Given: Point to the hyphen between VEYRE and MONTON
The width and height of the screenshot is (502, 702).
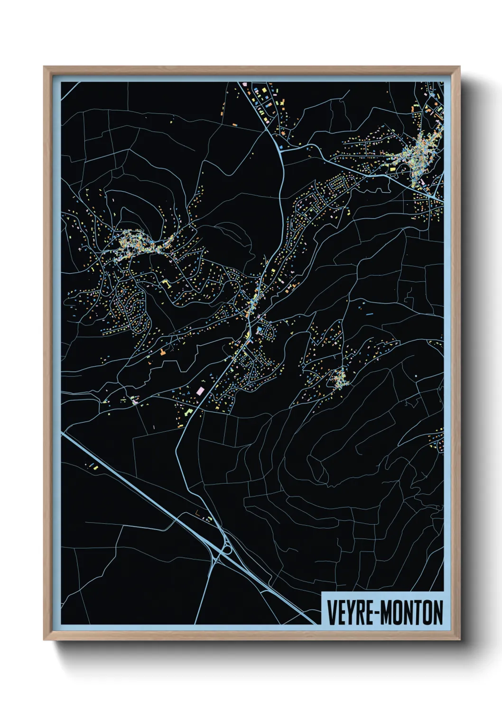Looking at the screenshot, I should point(376,613).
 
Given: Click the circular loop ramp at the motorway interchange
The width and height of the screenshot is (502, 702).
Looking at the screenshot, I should point(227,549).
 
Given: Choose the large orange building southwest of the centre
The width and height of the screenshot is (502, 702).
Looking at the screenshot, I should point(163,352).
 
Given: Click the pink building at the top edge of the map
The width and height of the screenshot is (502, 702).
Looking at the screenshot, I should point(245,84).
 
